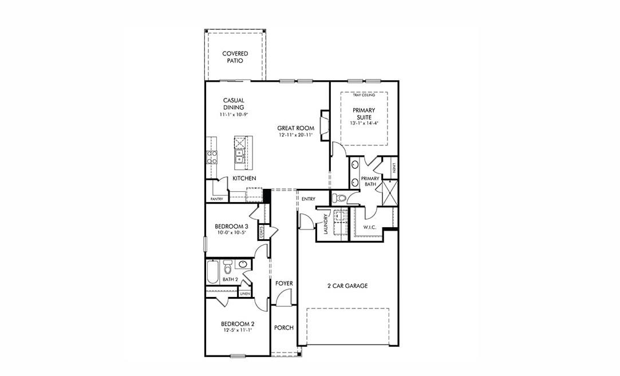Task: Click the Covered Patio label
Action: tap(235, 57)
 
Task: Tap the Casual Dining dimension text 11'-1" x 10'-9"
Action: tap(234, 114)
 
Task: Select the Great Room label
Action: tap(294, 128)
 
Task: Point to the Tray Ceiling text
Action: tap(364, 95)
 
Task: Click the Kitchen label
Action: tap(244, 179)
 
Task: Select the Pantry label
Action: tap(216, 199)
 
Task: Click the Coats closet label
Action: tap(262, 232)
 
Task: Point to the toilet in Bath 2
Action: tap(228, 267)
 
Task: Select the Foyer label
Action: tap(284, 283)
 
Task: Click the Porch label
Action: tap(284, 328)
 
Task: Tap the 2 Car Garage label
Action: tap(347, 286)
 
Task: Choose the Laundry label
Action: tap(325, 224)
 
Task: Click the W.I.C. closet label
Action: tap(370, 227)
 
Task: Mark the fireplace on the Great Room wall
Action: tap(325, 125)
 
